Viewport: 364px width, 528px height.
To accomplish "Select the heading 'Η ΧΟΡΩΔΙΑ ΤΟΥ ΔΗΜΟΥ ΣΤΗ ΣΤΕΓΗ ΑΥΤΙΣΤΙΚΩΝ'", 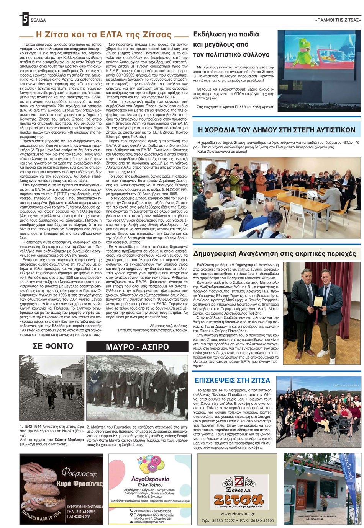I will coord(276,130).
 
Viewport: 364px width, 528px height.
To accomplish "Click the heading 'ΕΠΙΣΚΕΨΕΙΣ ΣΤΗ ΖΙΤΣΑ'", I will coord(232,380).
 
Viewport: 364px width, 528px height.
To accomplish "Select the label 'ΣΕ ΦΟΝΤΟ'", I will coord(52,347).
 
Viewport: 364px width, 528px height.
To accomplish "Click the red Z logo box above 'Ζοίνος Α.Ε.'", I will coord(239,481).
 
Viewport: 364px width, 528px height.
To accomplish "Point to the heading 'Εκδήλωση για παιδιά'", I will coord(226,34).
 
